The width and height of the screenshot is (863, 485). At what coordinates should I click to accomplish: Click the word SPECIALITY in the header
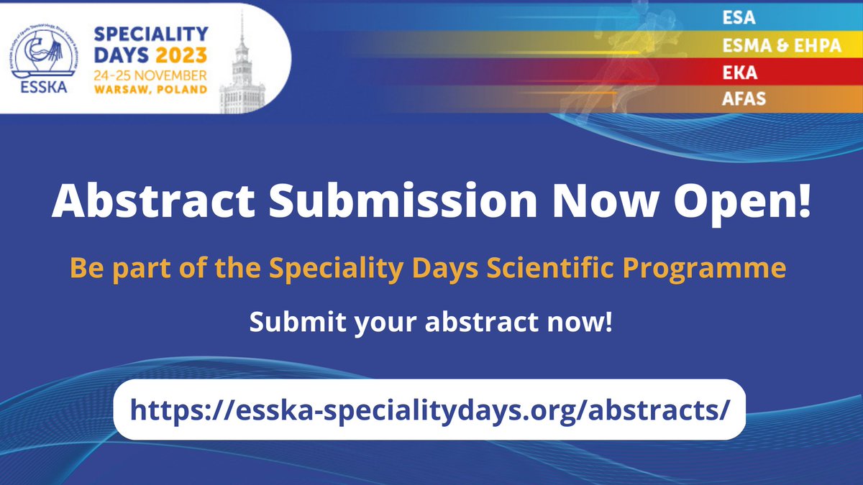(150, 34)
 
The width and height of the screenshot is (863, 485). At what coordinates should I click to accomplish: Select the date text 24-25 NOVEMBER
(151, 75)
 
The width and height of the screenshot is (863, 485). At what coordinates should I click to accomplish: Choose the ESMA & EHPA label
(771, 46)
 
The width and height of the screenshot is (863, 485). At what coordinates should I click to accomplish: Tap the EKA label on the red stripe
(736, 73)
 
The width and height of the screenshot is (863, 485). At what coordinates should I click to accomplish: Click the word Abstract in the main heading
(144, 204)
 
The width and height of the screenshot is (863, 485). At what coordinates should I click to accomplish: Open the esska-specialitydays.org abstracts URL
(430, 410)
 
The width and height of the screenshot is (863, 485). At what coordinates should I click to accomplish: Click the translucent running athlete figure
(590, 57)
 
